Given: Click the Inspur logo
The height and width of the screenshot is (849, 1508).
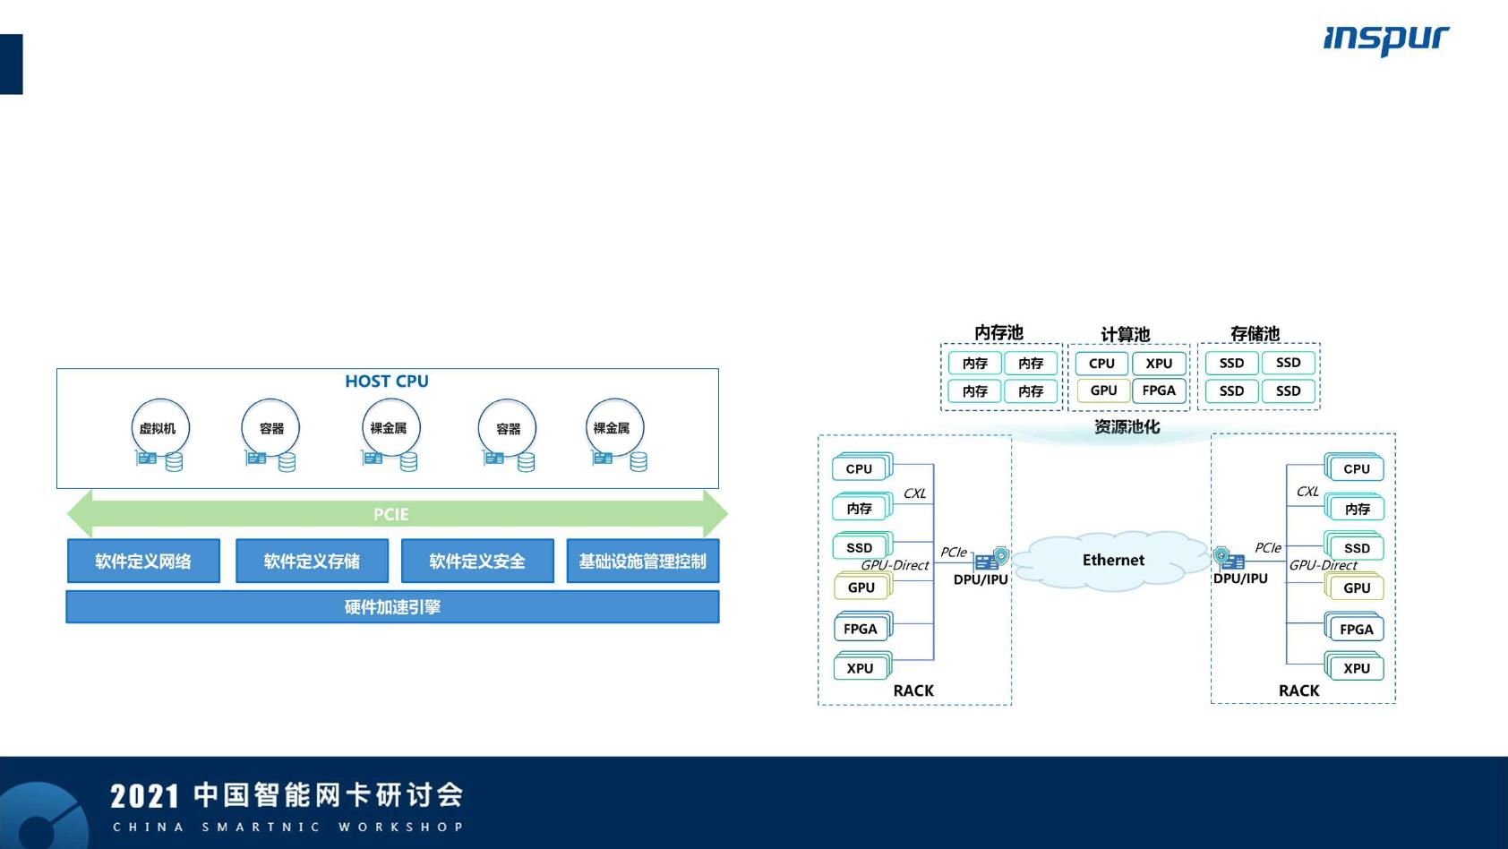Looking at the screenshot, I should [1385, 39].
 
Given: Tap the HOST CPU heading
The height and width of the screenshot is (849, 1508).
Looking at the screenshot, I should [387, 382].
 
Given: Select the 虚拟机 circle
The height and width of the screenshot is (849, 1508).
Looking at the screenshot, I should [159, 428].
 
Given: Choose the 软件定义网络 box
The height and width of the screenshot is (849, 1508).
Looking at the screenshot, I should [143, 562].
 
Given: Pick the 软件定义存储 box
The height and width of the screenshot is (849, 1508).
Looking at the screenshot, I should [312, 562].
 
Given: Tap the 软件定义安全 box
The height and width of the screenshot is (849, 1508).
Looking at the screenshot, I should [477, 562].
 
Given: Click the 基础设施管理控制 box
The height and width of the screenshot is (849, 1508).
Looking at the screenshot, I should [642, 562].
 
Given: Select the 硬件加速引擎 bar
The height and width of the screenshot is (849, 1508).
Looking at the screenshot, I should [392, 607].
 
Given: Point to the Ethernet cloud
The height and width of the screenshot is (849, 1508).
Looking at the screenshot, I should [1113, 560].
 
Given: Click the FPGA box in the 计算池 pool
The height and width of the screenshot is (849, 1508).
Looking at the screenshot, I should [1159, 390].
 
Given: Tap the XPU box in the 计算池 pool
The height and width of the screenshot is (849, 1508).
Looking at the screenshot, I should [1159, 364].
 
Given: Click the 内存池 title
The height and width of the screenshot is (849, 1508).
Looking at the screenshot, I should [998, 333].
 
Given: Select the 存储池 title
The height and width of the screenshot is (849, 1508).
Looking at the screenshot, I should [1255, 334].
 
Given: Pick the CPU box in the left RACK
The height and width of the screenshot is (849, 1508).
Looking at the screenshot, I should [860, 468].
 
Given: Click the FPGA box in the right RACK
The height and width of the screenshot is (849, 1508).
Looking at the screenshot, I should [1356, 630].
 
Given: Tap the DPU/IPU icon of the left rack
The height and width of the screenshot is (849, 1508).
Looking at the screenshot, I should [990, 560].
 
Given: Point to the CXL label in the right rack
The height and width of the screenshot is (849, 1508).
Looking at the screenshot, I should [1307, 492].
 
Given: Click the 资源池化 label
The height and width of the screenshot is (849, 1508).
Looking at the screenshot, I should [1127, 427].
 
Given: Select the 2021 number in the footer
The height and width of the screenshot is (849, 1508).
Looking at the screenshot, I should [144, 796].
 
